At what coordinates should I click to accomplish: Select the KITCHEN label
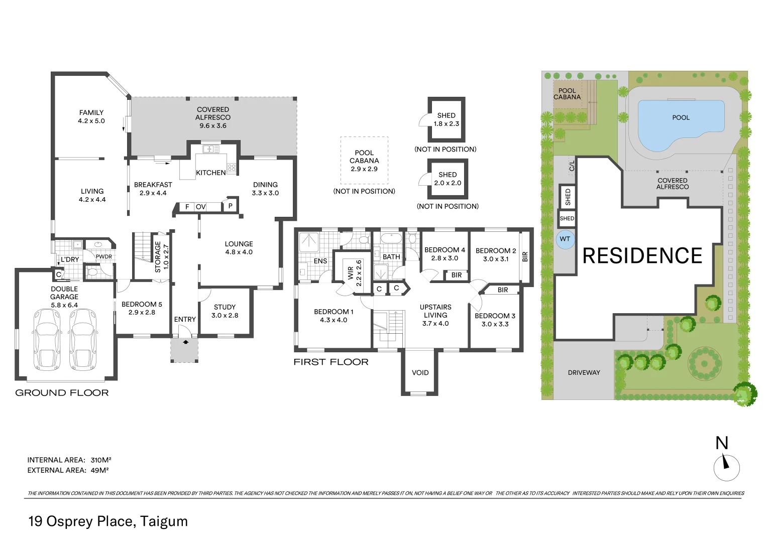coord(210,173)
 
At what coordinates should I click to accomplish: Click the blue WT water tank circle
coord(565,239)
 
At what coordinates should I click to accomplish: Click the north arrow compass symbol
coord(726,466)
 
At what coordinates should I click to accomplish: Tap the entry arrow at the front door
coord(185,342)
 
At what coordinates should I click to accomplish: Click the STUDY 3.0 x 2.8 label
coord(225,311)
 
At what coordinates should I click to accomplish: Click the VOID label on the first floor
coord(420,372)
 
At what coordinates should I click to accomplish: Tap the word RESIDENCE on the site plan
coord(642,256)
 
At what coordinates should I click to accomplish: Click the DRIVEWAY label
coord(584,372)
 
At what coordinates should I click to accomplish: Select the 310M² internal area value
coord(101,460)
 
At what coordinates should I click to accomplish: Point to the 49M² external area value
coord(100,470)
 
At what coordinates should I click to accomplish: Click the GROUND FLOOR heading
coord(62,393)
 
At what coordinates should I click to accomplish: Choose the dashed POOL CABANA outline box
coord(364,161)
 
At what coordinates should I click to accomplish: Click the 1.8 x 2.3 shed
coord(446,119)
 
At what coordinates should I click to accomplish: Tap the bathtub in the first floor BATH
coord(390,238)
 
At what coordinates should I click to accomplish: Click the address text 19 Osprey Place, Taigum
coord(108,521)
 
